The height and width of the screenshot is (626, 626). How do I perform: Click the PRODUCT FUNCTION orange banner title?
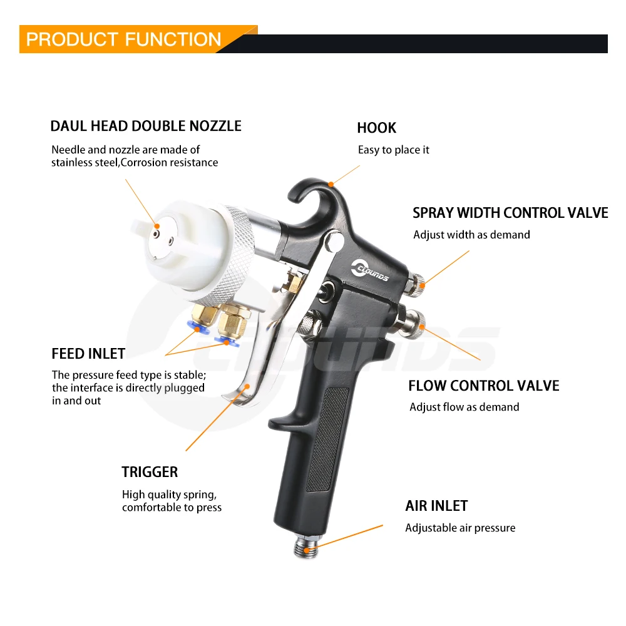coord(123,39)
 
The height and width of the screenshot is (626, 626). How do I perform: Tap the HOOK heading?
coord(376,128)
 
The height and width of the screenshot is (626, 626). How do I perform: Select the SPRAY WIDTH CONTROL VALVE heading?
coord(510,213)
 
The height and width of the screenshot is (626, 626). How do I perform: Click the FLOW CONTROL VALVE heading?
coord(483,386)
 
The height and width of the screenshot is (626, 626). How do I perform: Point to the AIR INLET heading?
coord(436,506)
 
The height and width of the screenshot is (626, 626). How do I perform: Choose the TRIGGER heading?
coord(150,472)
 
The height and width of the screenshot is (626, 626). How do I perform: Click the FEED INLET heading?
coord(88,354)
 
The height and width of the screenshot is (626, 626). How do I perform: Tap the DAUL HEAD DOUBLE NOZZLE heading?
coord(146,126)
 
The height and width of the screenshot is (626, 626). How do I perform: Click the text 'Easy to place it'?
coord(393,150)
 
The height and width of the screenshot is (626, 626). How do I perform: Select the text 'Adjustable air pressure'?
coord(460,528)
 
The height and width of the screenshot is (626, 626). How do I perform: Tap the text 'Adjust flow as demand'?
coord(464,407)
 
